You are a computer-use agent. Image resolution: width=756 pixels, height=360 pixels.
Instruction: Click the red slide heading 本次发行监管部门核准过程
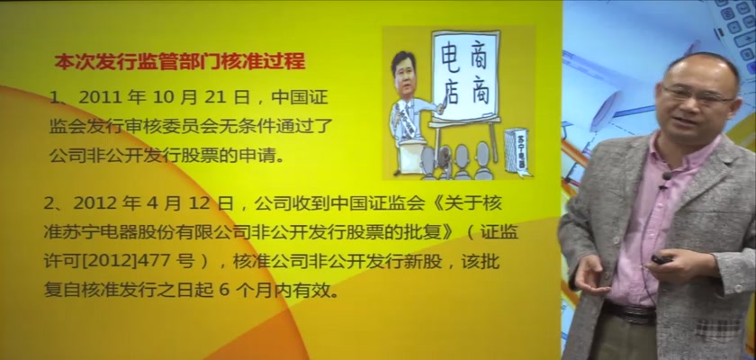(180, 62)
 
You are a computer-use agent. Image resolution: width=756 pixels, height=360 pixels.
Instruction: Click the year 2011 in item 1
(98, 99)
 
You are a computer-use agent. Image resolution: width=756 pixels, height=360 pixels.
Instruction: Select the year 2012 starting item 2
(93, 204)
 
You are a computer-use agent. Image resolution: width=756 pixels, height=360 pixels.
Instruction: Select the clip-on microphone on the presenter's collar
(667, 176)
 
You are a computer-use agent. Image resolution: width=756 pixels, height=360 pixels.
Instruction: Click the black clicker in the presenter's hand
(661, 259)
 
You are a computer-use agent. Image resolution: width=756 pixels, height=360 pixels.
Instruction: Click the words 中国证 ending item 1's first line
(300, 99)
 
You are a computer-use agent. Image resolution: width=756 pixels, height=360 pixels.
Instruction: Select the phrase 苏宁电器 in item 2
(100, 233)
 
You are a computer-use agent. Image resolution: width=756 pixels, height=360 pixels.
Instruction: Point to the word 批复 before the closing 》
(425, 233)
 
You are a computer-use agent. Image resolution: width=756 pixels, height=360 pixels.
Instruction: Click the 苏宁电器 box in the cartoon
(517, 151)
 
